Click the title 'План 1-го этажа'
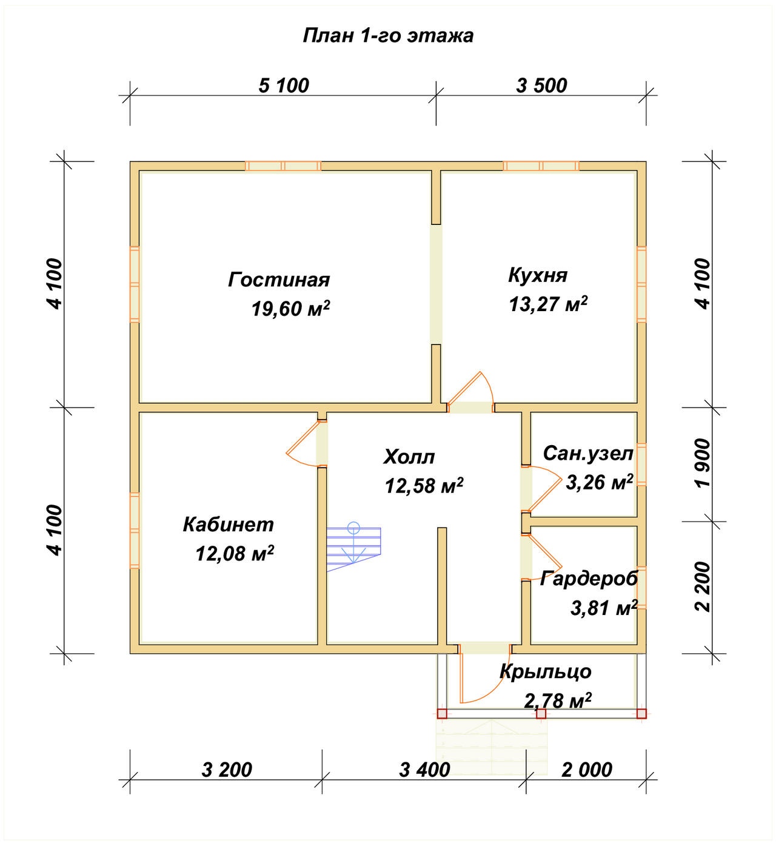[388, 36]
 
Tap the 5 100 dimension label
[284, 86]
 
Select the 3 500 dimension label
[541, 86]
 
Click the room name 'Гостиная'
[279, 280]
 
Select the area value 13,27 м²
[548, 304]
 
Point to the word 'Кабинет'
[228, 525]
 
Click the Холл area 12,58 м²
[424, 486]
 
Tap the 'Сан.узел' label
[588, 454]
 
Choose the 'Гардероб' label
[589, 579]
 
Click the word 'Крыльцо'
[546, 672]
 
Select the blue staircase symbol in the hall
[354, 546]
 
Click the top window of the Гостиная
[283, 166]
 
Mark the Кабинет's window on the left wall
[135, 531]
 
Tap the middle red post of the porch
[541, 713]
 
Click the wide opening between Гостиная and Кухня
[436, 284]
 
